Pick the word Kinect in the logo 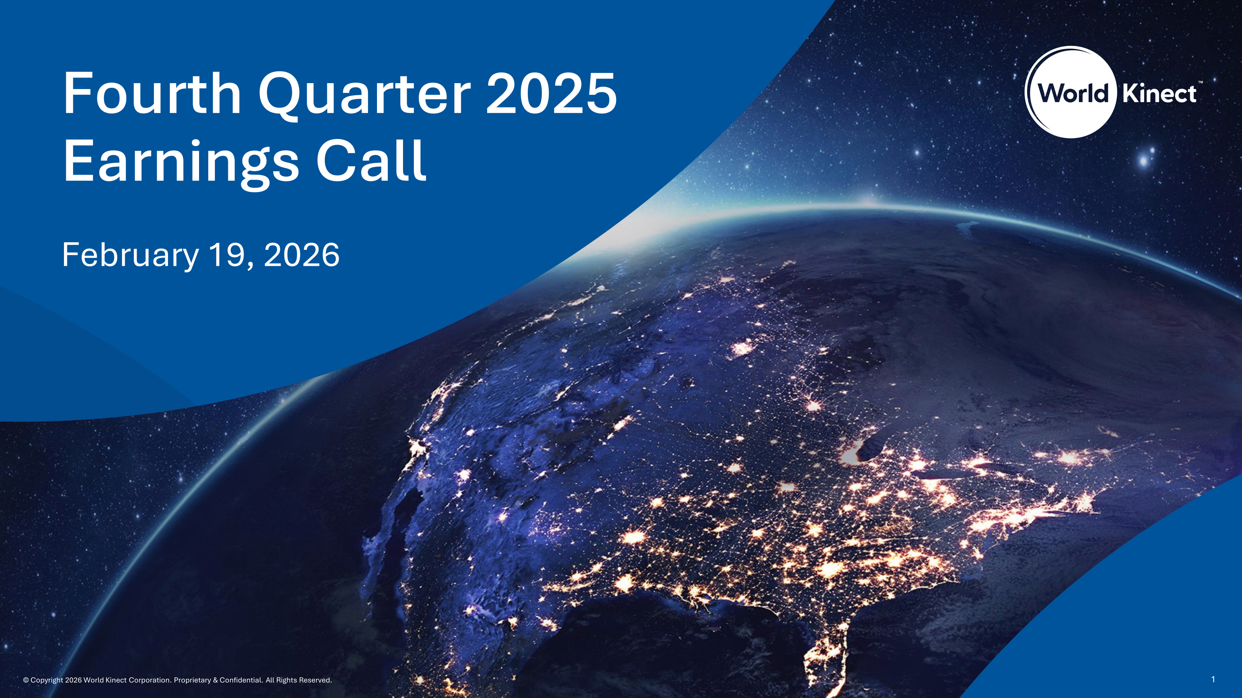click(x=1159, y=93)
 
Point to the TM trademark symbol click(x=1200, y=83)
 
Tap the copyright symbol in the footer click(x=26, y=680)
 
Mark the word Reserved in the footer click(x=315, y=680)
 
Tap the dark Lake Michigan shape click(x=868, y=450)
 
